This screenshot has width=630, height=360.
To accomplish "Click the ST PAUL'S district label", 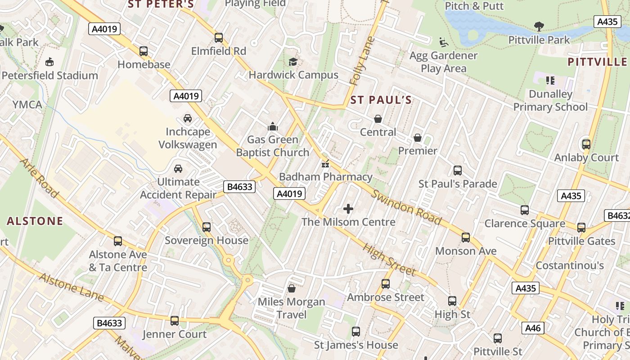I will pyautogui.click(x=381, y=100).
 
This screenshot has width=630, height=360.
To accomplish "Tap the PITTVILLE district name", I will pyautogui.click(x=597, y=62).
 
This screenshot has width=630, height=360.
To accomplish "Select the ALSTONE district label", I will pyautogui.click(x=35, y=221).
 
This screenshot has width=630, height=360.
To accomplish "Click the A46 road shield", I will pyautogui.click(x=533, y=328).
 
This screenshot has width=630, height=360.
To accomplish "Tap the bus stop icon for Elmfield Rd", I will pyautogui.click(x=219, y=38).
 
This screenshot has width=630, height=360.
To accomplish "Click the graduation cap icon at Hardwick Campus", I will pyautogui.click(x=293, y=62).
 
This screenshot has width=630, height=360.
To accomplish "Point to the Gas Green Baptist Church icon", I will pyautogui.click(x=273, y=126).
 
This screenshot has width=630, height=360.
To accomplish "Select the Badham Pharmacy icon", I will pyautogui.click(x=325, y=164).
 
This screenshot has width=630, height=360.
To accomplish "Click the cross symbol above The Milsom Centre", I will pyautogui.click(x=348, y=209).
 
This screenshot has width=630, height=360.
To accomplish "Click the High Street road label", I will pyautogui.click(x=389, y=260).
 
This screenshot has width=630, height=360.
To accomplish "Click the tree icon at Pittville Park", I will pyautogui.click(x=539, y=27).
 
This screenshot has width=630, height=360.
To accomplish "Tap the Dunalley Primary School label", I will pyautogui.click(x=550, y=100).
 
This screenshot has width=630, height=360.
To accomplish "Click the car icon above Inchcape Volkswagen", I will pyautogui.click(x=188, y=118).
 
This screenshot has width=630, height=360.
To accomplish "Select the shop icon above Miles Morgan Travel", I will pyautogui.click(x=292, y=288).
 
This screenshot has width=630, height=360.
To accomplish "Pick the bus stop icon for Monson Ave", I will pyautogui.click(x=466, y=238).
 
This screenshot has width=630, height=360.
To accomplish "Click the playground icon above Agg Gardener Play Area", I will pyautogui.click(x=444, y=42).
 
